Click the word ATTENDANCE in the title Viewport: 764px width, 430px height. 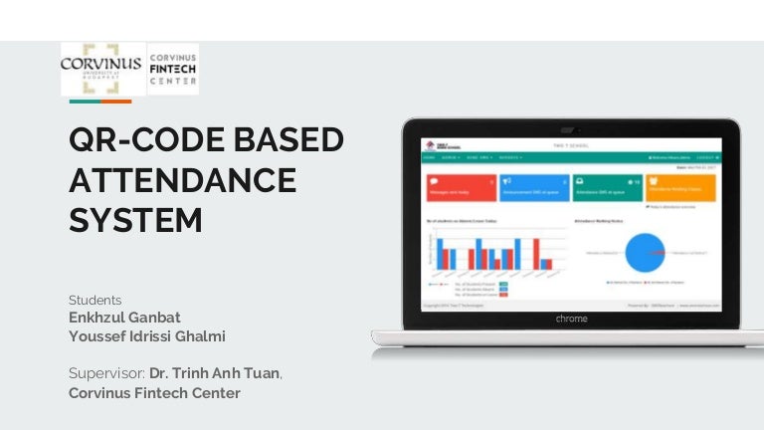[182, 180]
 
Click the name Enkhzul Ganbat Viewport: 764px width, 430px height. [124, 317]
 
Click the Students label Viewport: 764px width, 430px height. [95, 300]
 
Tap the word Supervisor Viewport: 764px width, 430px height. [106, 373]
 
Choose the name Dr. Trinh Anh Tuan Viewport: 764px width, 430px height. [215, 373]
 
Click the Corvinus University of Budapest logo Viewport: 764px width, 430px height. [101, 68]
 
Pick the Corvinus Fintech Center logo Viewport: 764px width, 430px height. [173, 69]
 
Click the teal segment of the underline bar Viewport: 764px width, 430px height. [84, 101]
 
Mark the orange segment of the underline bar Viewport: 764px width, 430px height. [115, 101]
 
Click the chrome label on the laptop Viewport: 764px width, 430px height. [571, 319]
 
